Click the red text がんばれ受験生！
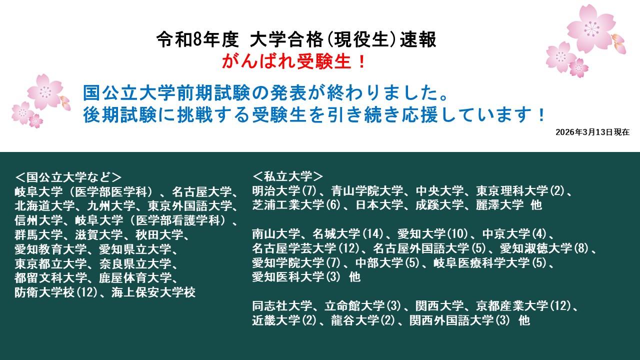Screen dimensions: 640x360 pyautogui.click(x=294, y=61)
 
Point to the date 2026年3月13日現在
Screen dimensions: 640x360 pyautogui.click(x=592, y=132)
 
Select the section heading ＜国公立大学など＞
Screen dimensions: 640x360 pyautogui.click(x=68, y=177)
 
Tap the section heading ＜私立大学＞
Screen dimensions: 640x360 pyautogui.click(x=287, y=176)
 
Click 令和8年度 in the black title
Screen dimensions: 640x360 pyautogui.click(x=197, y=39)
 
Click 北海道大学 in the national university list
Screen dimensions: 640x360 pyautogui.click(x=44, y=206)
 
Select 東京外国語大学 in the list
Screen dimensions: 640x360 pyautogui.click(x=189, y=206)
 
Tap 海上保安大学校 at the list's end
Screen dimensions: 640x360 pyautogui.click(x=153, y=292)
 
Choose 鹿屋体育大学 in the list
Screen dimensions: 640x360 pyautogui.click(x=135, y=278)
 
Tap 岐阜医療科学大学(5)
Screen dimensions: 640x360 pyautogui.click(x=490, y=263)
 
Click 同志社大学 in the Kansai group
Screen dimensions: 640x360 pyautogui.click(x=282, y=306)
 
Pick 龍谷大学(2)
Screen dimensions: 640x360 pyautogui.click(x=363, y=320)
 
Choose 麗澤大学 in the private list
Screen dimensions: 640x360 pyautogui.click(x=499, y=205)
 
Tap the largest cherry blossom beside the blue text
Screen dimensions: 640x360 pyautogui.click(x=45, y=91)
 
